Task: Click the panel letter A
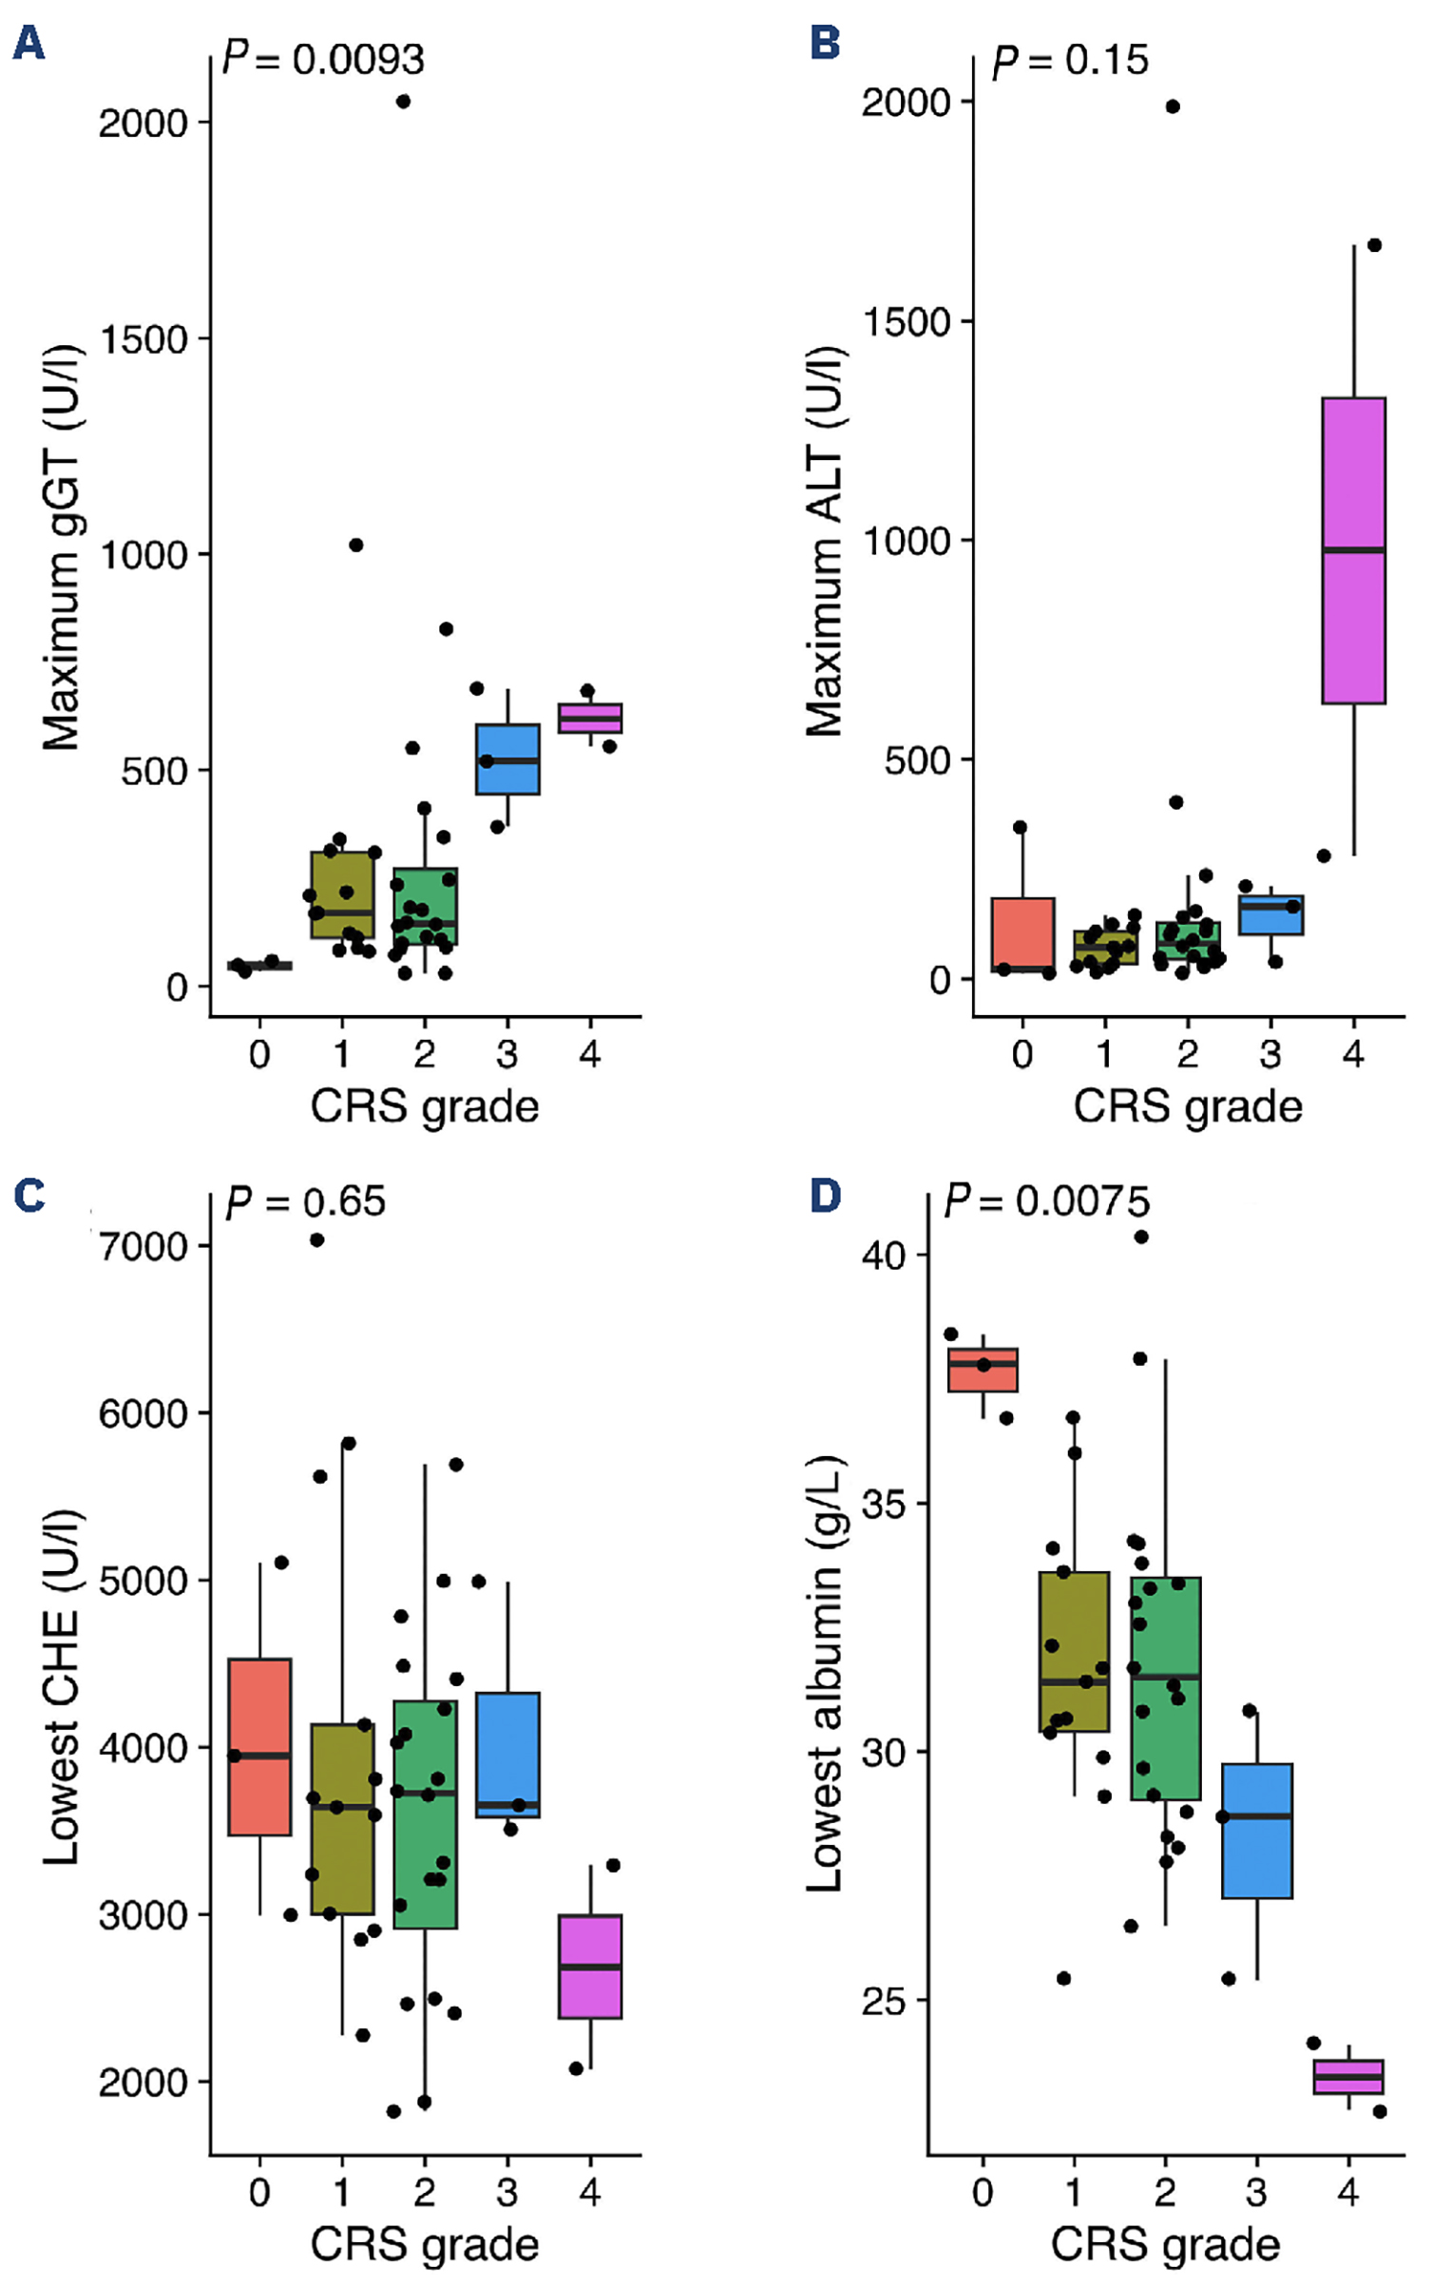pyautogui.click(x=29, y=43)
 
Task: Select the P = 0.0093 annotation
pyautogui.click(x=323, y=60)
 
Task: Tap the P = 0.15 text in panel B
pyautogui.click(x=1070, y=61)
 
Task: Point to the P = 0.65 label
pyautogui.click(x=306, y=1202)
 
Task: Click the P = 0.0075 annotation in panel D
pyautogui.click(x=1046, y=1201)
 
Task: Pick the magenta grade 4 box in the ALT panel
pyautogui.click(x=1353, y=551)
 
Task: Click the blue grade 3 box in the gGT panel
pyautogui.click(x=507, y=759)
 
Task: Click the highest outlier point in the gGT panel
pyautogui.click(x=403, y=102)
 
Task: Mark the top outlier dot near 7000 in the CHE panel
pyautogui.click(x=317, y=1239)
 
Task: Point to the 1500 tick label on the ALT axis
pyautogui.click(x=906, y=322)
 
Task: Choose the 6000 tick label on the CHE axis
pyautogui.click(x=143, y=1413)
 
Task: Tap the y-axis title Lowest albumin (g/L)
pyautogui.click(x=823, y=1673)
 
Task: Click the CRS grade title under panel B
pyautogui.click(x=1188, y=1106)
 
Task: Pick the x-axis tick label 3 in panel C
pyautogui.click(x=507, y=2192)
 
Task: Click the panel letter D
pyautogui.click(x=825, y=1196)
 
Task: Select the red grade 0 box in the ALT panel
pyautogui.click(x=1022, y=935)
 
